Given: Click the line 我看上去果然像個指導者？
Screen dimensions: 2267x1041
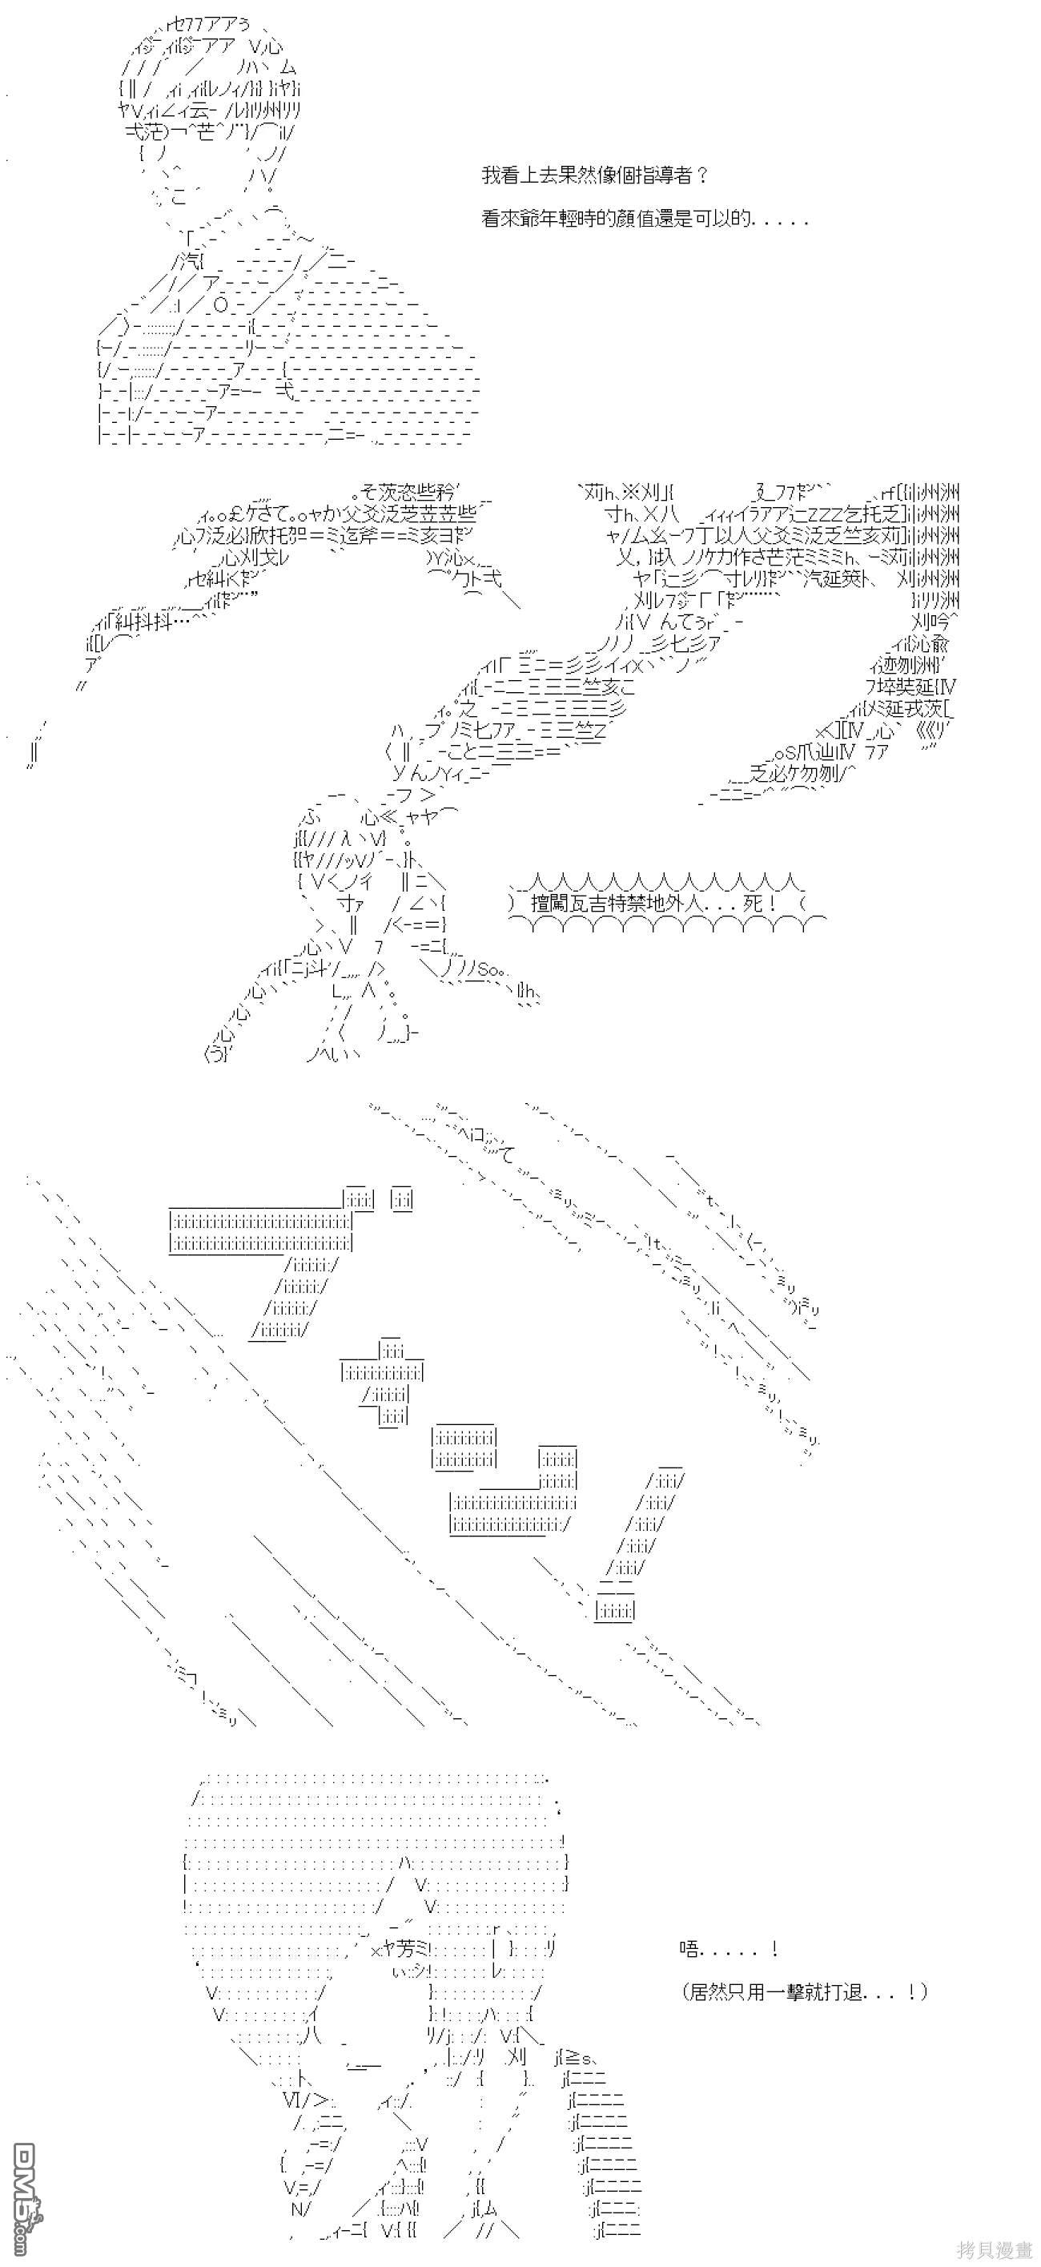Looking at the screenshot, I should point(595,175).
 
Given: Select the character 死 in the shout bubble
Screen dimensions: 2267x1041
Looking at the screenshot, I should point(754,903).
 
